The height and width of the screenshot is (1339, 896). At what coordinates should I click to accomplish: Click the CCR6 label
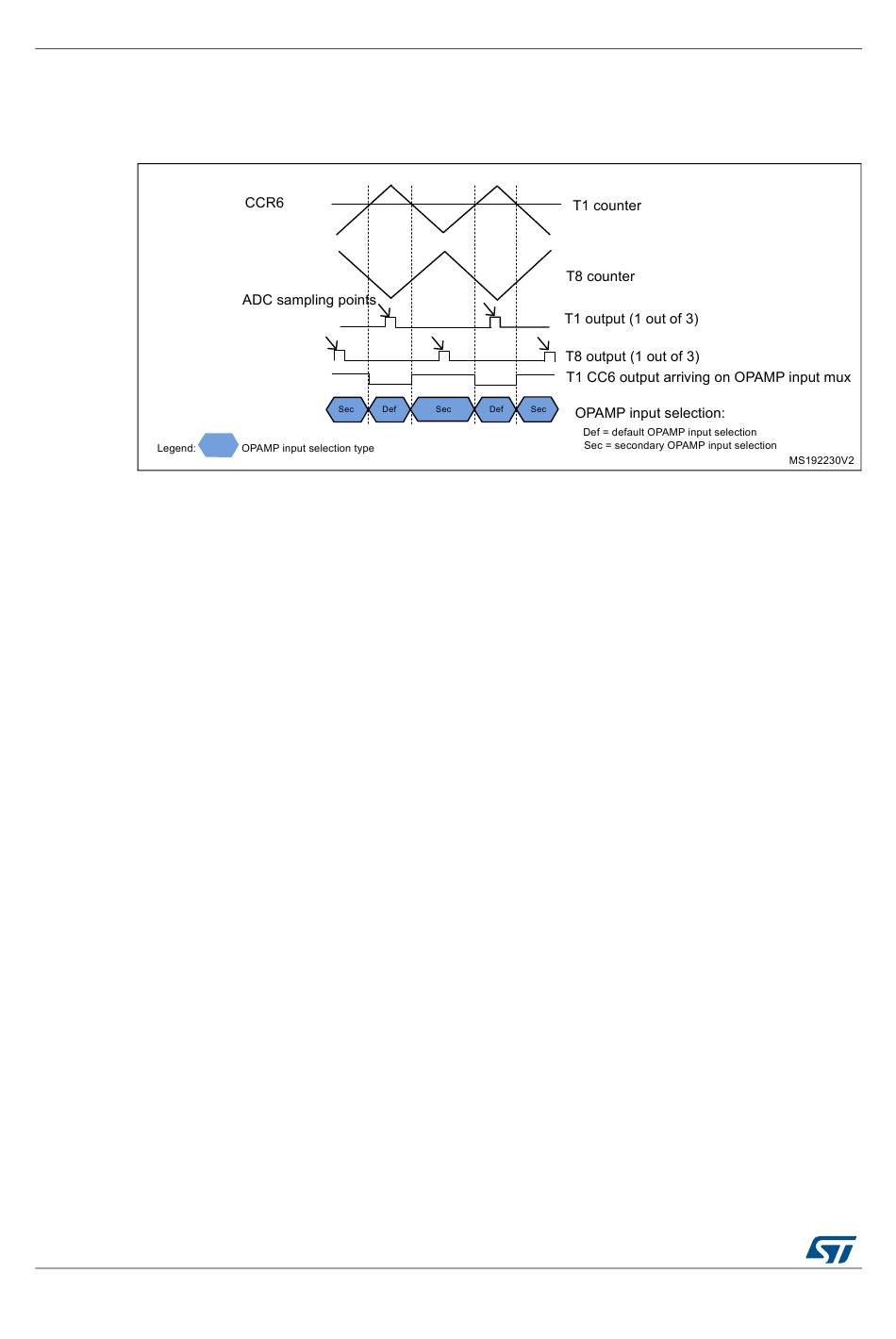click(x=264, y=203)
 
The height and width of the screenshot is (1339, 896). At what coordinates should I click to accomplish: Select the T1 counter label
click(x=606, y=206)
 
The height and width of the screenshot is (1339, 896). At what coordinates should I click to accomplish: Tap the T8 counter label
click(x=600, y=276)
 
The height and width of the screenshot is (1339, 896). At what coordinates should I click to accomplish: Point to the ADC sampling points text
click(x=308, y=300)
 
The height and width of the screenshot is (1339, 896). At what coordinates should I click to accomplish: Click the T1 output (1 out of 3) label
click(x=631, y=319)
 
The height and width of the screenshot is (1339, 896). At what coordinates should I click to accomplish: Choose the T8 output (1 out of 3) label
click(x=632, y=356)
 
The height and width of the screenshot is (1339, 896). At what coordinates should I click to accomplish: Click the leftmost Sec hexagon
click(x=346, y=409)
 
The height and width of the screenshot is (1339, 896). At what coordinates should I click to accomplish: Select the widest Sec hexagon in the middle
click(x=443, y=409)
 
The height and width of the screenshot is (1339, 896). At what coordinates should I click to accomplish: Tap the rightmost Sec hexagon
click(x=539, y=409)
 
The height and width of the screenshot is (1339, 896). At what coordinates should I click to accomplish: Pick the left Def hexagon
click(x=390, y=409)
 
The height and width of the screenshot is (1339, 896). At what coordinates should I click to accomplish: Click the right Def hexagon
click(x=496, y=409)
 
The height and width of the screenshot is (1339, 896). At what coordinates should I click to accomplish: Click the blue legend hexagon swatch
click(x=218, y=446)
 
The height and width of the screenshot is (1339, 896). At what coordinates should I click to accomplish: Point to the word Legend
click(x=176, y=449)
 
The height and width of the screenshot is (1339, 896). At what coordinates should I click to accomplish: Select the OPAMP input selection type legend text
click(x=307, y=449)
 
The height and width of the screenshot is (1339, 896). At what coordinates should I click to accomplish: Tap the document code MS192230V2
click(x=821, y=461)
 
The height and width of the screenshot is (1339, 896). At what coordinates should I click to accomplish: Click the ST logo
click(x=830, y=1249)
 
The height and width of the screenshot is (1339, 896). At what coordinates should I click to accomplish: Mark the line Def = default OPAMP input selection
click(x=670, y=433)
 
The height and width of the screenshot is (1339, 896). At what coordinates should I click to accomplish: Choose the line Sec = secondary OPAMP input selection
click(x=680, y=446)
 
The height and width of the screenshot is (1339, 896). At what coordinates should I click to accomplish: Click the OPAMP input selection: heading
click(x=650, y=413)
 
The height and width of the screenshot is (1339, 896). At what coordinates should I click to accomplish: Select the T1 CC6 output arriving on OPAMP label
click(x=707, y=377)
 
